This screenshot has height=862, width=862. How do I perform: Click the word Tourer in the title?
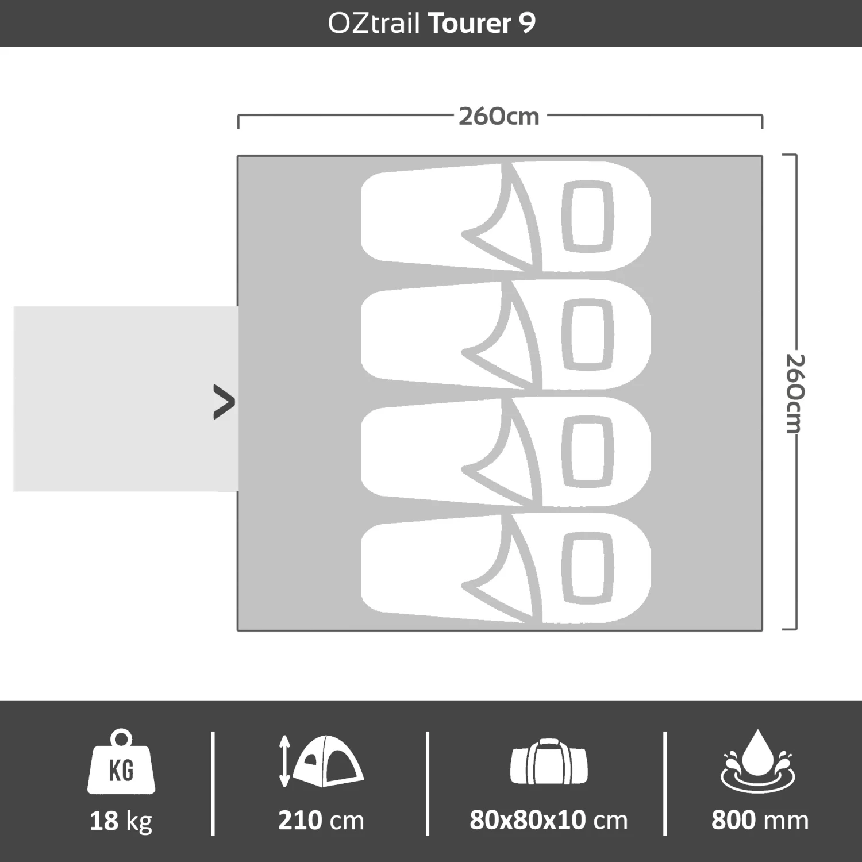[470, 24]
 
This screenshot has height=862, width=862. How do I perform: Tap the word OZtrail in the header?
[374, 24]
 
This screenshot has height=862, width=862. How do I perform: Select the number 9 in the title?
[528, 24]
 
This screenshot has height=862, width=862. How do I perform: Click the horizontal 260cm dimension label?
[499, 117]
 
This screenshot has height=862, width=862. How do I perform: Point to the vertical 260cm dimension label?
[795, 393]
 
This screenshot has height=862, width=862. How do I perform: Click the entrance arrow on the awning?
[224, 402]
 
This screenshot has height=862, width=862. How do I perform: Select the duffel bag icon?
[549, 763]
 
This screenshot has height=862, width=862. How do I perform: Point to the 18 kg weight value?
[121, 821]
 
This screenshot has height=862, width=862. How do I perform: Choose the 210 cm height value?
[321, 821]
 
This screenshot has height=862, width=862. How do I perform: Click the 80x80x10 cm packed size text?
[548, 821]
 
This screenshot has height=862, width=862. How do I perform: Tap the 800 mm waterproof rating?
[759, 821]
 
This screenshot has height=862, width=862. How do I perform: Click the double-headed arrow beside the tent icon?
[284, 761]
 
